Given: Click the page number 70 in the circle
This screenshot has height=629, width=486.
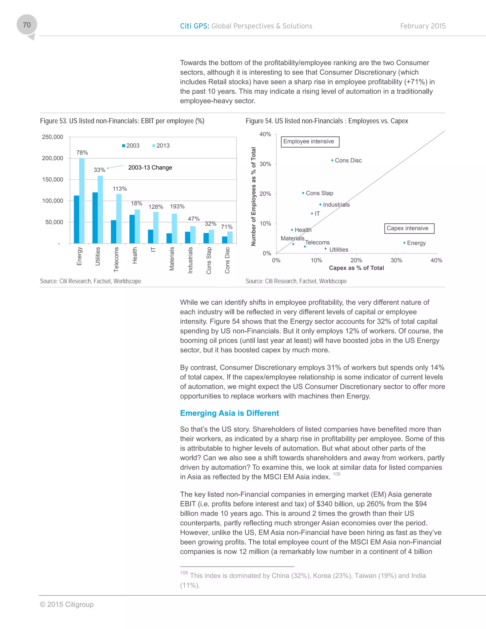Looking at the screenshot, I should [27, 25].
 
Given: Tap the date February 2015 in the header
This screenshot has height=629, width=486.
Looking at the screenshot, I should [423, 26].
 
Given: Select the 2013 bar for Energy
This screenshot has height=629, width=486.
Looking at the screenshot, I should [82, 201].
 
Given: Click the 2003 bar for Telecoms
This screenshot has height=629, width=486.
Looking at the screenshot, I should [113, 232].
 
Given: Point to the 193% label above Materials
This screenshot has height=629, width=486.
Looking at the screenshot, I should [177, 207].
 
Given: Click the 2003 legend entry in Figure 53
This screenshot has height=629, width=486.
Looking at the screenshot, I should [131, 146].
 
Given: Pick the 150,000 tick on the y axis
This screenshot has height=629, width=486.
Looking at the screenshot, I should [52, 179].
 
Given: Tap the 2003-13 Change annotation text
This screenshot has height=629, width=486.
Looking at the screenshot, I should [150, 168].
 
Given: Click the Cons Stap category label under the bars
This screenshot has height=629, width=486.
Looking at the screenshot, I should [209, 260].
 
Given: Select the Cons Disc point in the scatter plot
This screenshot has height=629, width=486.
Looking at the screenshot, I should [332, 160].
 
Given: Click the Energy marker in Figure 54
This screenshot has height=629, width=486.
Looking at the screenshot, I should [404, 243].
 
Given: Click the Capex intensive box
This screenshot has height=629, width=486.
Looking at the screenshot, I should [409, 228].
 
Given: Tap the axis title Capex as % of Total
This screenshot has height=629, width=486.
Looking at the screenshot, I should [356, 268].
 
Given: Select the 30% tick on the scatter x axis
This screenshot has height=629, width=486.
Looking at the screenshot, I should [396, 260].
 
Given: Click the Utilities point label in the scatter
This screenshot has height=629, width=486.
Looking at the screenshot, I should [339, 250].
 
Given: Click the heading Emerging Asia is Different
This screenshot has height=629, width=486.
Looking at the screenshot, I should [229, 413].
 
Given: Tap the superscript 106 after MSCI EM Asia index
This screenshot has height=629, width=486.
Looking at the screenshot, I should [336, 474].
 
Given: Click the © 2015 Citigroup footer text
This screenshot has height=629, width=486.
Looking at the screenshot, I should [67, 604].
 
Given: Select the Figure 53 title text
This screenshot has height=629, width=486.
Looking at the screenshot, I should [122, 121].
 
